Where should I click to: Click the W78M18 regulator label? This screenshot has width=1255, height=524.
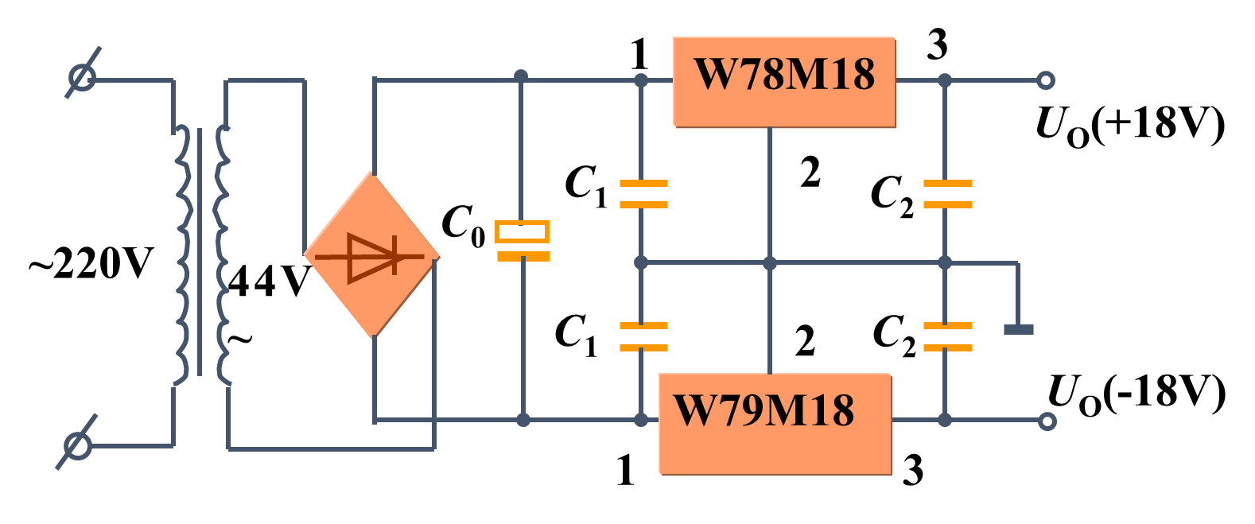coord(784,75)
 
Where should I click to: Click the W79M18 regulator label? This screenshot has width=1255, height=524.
coord(763,411)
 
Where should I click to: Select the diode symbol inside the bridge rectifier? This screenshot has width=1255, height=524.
coord(371,256)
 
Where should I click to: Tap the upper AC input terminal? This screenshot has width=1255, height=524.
coord(82,77)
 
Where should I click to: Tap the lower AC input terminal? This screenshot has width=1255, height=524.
coord(77,445)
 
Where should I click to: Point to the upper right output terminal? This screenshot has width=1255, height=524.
coord(1046,80)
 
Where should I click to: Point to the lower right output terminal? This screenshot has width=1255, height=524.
coord(1047,421)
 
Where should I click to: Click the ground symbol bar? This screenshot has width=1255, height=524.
coord(1018,329)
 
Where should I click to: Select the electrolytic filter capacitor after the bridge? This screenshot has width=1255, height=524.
coord(523,243)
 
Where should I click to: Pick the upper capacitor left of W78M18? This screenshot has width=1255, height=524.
coord(643,194)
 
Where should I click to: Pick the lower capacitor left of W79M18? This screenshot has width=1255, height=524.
coord(643,336)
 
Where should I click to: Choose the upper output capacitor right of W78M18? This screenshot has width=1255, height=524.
coord(947,194)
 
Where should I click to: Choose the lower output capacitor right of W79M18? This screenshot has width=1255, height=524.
coord(947,336)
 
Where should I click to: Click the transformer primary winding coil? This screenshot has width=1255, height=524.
coord(183,254)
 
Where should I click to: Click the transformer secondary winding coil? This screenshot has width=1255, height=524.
coord(222,254)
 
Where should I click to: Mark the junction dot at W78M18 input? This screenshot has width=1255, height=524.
coord(641,80)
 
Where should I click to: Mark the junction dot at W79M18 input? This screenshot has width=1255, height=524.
coord(641,420)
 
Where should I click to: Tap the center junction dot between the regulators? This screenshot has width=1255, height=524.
coord(770,262)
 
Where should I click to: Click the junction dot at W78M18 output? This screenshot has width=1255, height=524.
coord(945,80)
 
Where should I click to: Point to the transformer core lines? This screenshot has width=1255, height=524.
coord(200,250)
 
